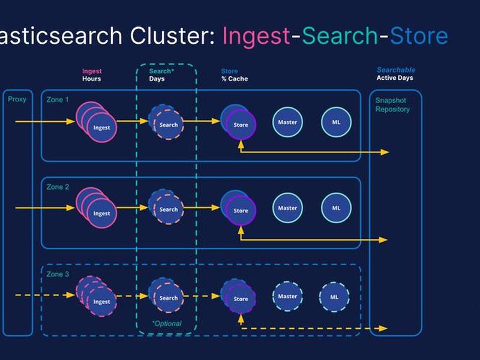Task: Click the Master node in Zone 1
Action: click(287, 122)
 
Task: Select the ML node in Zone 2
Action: click(336, 208)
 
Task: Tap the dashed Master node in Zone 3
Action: click(287, 296)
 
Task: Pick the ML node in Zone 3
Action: click(334, 296)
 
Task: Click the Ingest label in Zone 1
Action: click(101, 128)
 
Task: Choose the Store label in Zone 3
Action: click(241, 299)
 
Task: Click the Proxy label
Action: click(17, 100)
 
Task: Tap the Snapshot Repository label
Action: click(392, 104)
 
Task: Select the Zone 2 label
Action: click(58, 187)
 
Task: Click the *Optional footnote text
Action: click(167, 323)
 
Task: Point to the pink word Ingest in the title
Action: click(256, 36)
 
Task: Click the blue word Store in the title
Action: click(419, 35)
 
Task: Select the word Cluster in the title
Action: click(172, 35)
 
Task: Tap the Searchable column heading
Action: click(396, 70)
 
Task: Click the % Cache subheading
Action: click(235, 79)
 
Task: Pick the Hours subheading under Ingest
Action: click(92, 79)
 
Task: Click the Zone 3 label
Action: click(58, 274)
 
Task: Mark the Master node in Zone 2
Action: click(287, 208)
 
